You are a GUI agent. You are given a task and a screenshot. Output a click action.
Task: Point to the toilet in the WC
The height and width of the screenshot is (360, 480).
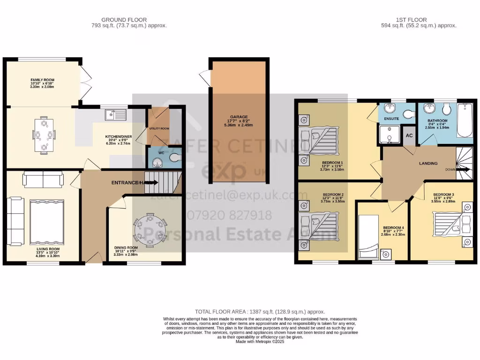coord(175,157)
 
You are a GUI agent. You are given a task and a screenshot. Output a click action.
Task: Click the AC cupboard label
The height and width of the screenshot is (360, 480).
coord(409,135)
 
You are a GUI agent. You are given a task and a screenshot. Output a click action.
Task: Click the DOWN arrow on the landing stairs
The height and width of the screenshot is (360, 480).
coord(463,170)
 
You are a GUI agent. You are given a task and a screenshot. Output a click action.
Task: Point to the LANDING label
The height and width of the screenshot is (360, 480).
coord(428,164)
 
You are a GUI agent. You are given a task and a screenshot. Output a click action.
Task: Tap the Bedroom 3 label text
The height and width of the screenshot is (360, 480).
coord(443,194)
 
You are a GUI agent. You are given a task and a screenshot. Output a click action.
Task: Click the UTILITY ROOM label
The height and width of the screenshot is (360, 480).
coord(159,128)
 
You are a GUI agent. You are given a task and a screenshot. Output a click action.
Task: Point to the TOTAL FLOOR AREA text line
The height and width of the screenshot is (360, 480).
coord(260,312)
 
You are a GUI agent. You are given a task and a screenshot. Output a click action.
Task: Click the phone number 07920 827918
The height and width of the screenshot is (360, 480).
coord(229,215)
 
